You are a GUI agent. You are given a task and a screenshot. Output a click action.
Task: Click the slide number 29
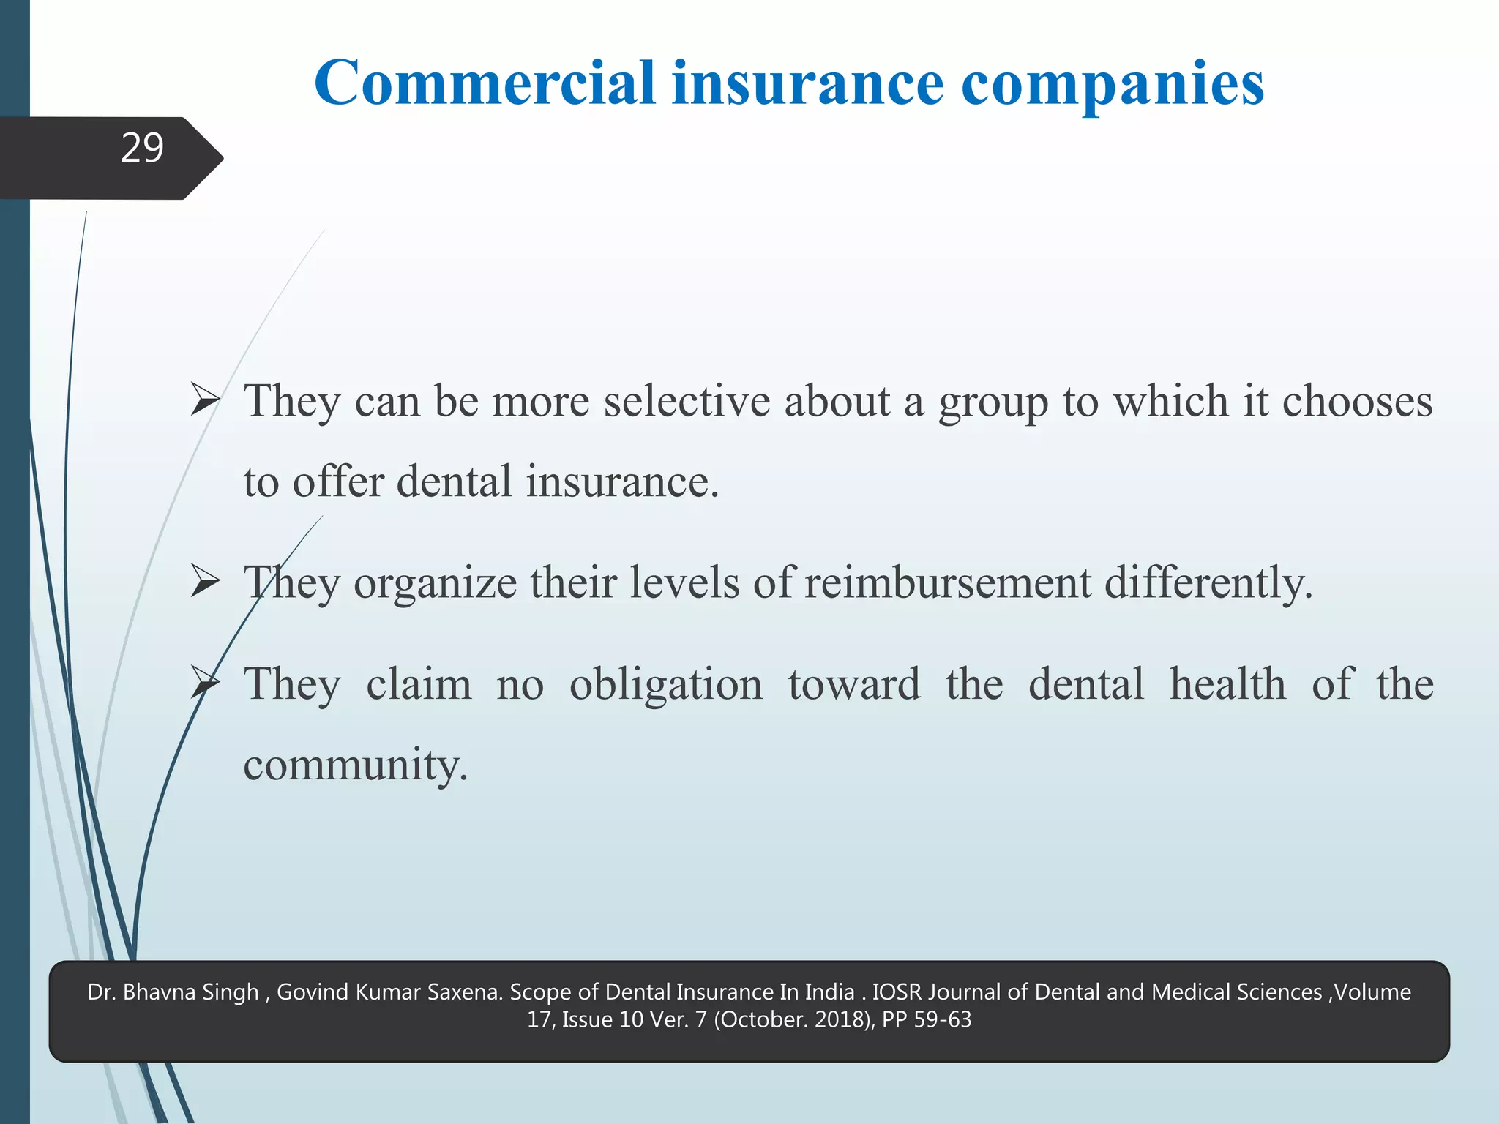(142, 148)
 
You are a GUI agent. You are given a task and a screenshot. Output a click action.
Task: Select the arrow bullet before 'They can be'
(205, 400)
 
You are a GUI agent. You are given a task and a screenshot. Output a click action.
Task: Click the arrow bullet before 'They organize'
(205, 582)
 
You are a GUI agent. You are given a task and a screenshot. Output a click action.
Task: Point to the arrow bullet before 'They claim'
(205, 683)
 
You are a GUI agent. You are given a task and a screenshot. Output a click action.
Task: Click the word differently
(1208, 584)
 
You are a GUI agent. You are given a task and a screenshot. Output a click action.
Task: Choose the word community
(355, 765)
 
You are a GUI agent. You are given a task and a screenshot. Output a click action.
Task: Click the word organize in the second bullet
(435, 584)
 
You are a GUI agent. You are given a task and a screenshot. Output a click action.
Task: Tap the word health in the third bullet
(1227, 683)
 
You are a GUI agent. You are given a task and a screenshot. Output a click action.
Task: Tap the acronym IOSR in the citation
(899, 992)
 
